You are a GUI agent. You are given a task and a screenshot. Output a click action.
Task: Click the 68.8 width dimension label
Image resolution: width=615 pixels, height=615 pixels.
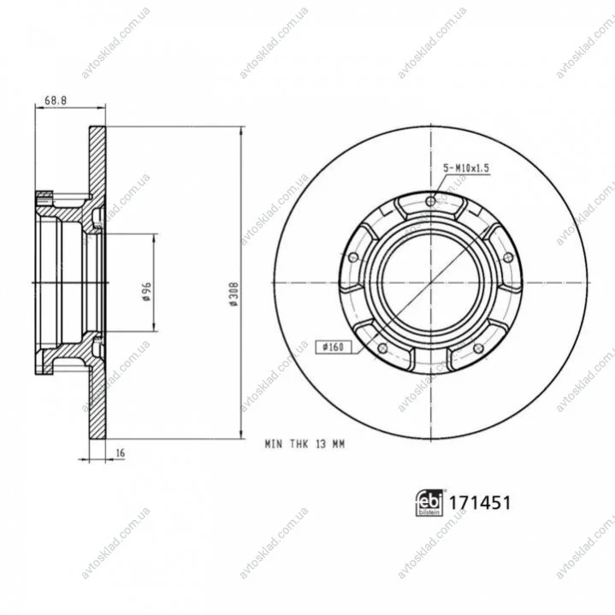[56, 100]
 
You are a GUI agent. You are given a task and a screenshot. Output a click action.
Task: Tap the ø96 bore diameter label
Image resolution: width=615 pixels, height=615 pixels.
[146, 291]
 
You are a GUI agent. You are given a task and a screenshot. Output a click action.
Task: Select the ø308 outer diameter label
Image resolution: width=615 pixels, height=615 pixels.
[234, 293]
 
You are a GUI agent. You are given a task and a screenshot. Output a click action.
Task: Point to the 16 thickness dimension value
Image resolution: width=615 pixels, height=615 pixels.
[121, 452]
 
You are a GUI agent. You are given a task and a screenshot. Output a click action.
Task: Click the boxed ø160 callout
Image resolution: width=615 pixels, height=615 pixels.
[333, 346]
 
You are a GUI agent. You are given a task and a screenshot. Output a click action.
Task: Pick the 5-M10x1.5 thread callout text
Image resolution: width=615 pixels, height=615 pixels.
[466, 169]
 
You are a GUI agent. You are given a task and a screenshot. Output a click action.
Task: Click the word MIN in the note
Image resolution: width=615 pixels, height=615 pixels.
[274, 444]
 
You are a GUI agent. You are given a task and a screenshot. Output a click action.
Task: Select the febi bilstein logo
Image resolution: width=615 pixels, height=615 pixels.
[429, 502]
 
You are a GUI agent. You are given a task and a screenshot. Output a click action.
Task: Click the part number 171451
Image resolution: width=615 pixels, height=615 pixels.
[479, 503]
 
